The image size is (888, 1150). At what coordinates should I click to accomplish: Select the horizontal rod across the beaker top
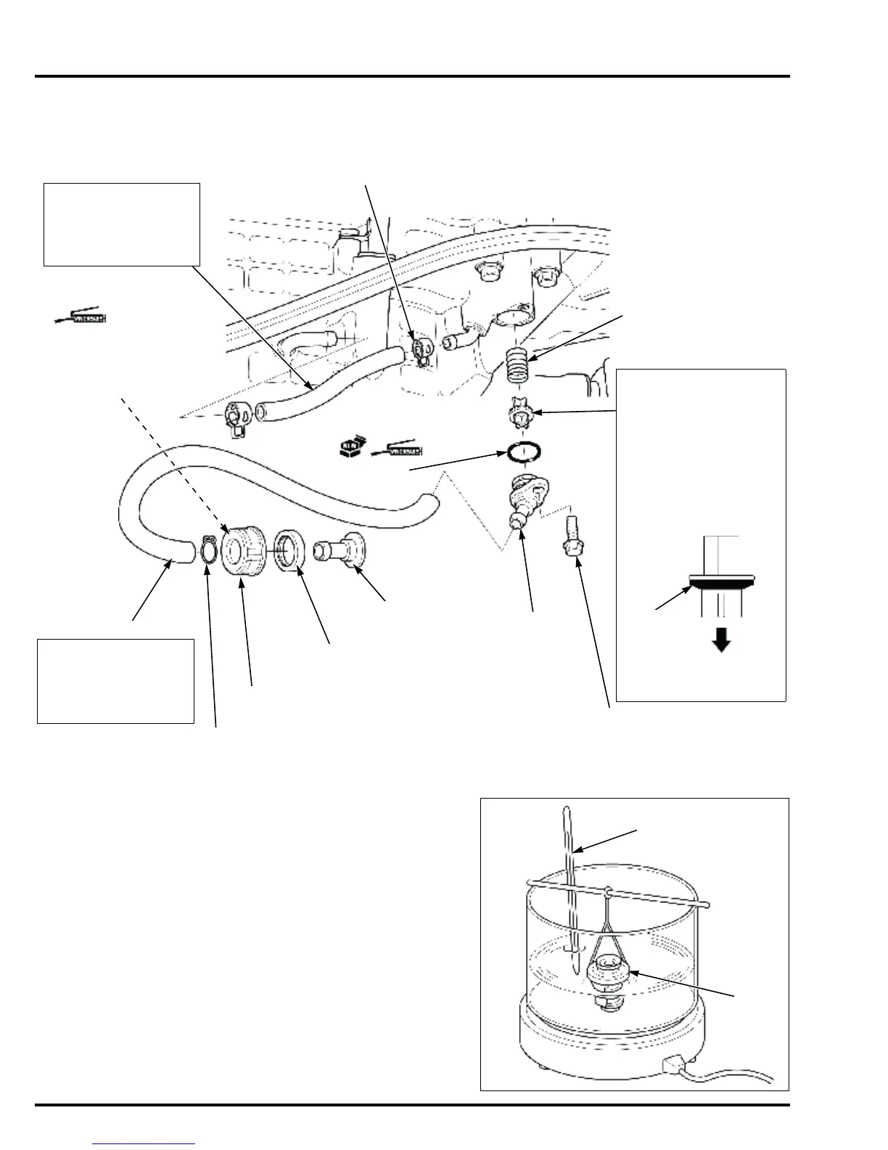[617, 894]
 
